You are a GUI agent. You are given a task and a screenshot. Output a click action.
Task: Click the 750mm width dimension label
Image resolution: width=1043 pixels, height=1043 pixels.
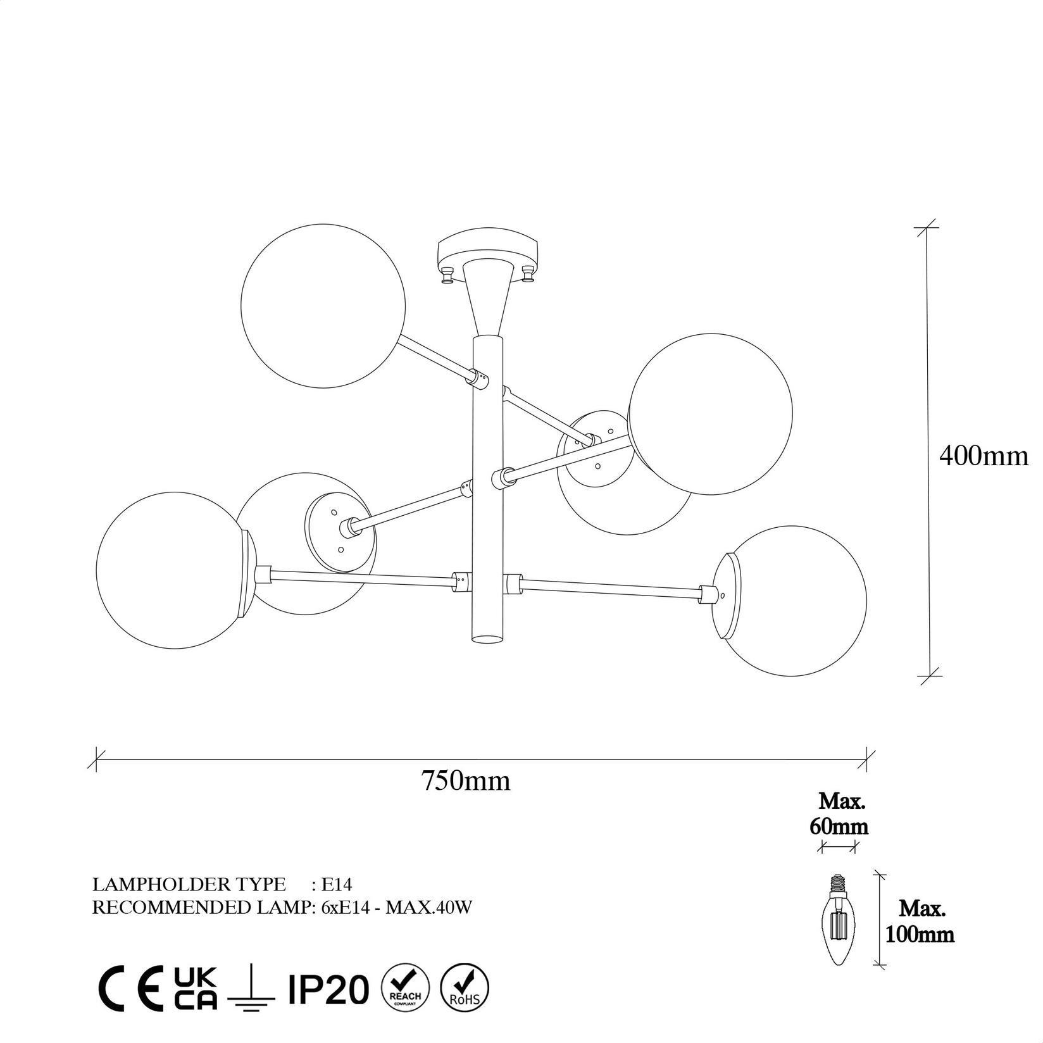[x=466, y=782]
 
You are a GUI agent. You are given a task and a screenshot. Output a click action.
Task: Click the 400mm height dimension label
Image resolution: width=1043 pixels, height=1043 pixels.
[x=984, y=456]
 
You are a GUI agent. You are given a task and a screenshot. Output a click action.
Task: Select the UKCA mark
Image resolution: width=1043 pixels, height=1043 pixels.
[x=196, y=989]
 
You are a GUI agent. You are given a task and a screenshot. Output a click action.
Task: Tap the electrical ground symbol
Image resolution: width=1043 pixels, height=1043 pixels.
[x=252, y=987]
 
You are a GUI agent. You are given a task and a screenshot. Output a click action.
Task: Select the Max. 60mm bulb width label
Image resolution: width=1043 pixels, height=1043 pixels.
[x=841, y=814]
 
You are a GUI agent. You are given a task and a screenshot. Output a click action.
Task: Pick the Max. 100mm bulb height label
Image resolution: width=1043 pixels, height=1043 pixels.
[x=921, y=921]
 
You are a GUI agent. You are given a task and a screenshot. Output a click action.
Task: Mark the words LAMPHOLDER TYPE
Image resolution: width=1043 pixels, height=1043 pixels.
[x=189, y=884]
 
